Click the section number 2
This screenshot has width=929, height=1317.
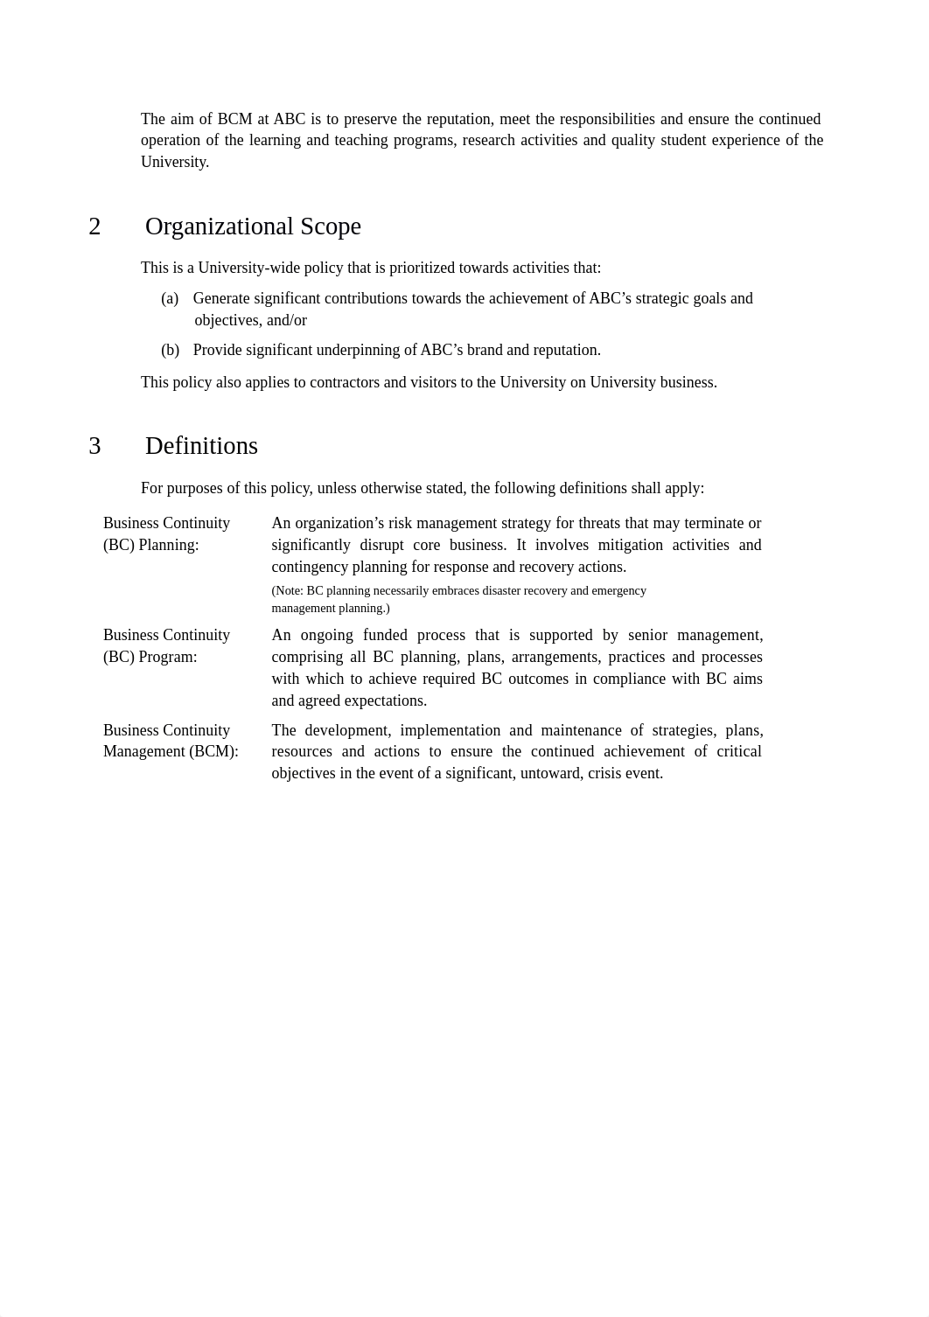tap(94, 226)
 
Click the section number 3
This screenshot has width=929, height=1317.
tap(94, 446)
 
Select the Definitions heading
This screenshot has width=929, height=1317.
tap(201, 446)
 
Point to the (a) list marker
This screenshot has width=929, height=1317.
tap(170, 299)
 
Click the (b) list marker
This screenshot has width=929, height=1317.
tap(170, 351)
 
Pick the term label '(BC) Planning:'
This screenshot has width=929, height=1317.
tap(151, 546)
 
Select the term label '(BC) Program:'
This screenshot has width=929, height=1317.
tap(150, 658)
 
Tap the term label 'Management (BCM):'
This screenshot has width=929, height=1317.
tap(171, 752)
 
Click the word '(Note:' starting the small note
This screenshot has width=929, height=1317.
tap(287, 591)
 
